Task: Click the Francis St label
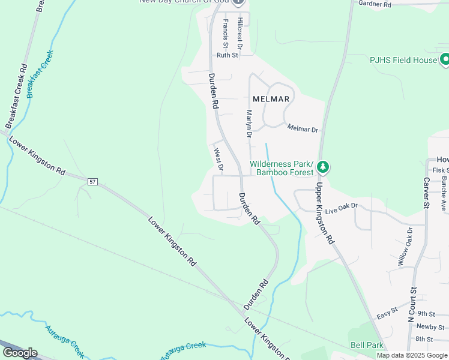click(226, 34)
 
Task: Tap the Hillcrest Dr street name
click(240, 33)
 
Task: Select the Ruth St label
click(228, 55)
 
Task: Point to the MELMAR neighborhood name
click(271, 99)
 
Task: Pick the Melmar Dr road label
click(303, 128)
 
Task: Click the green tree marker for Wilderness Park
click(324, 166)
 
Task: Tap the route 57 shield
click(92, 181)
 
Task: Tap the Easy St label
click(387, 312)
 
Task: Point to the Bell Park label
click(367, 346)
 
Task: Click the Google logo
click(20, 353)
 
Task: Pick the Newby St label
click(431, 327)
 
